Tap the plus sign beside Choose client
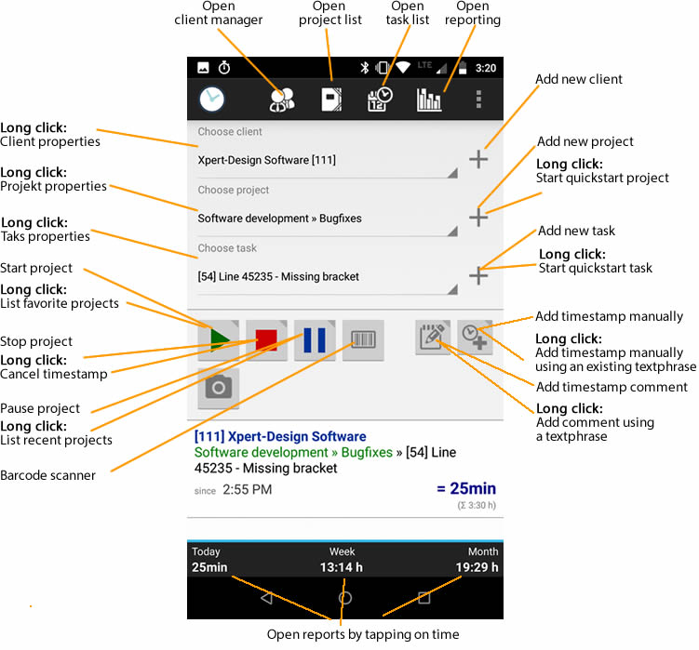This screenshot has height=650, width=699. pos(477,159)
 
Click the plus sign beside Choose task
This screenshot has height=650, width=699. pos(477,275)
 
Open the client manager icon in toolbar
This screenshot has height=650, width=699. pos(282,99)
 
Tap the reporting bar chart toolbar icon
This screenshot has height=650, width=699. pos(430,99)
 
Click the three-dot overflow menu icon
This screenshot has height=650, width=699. pos(479,99)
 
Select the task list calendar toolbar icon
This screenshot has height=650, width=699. pos(380,99)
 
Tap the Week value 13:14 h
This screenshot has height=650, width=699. pos(342,567)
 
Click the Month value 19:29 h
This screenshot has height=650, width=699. pos(477,567)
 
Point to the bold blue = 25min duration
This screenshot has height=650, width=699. pos(465,488)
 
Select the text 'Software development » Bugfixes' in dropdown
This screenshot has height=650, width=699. pos(279,219)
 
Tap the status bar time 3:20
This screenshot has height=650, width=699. pos(485,68)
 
